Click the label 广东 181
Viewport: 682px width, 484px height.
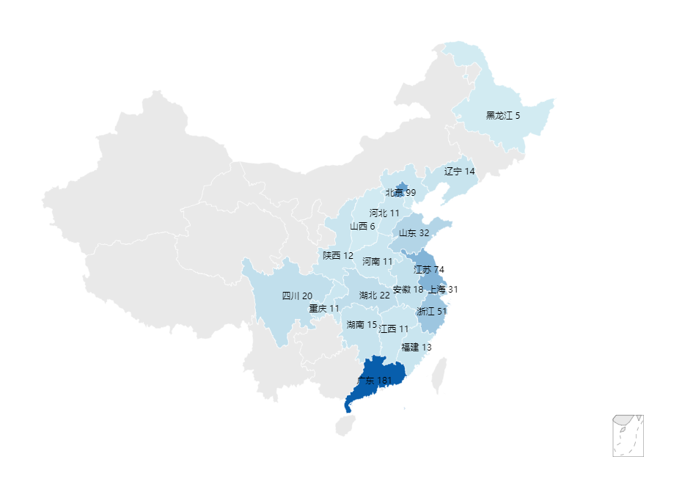[x=379, y=381]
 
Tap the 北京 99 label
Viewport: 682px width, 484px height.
[x=400, y=193]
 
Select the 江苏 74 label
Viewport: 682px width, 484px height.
[x=429, y=269]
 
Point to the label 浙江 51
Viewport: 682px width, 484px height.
[x=431, y=311]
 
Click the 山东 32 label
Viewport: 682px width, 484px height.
[x=414, y=232]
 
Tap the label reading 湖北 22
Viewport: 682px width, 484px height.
[x=375, y=296]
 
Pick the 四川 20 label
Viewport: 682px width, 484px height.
[x=297, y=296]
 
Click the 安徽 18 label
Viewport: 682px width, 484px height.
[x=408, y=290]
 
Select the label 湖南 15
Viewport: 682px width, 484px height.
[x=362, y=324]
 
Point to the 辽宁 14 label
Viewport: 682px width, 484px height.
[x=460, y=171]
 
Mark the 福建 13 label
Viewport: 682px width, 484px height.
[x=417, y=347]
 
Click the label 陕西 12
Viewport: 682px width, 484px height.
[x=338, y=255]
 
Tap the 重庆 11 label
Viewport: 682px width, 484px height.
[x=324, y=309]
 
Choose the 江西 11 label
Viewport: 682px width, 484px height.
[x=394, y=329]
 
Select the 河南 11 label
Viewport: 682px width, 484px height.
[x=378, y=261]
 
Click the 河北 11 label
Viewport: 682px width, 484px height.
[x=384, y=213]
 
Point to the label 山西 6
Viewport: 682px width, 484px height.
[x=362, y=226]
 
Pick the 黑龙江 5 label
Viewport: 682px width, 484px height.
[x=503, y=115]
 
